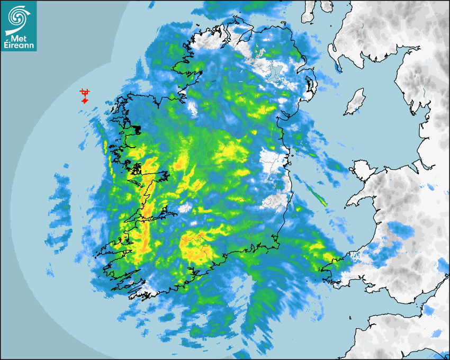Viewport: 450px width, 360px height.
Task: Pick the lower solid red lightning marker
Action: point(84,100)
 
